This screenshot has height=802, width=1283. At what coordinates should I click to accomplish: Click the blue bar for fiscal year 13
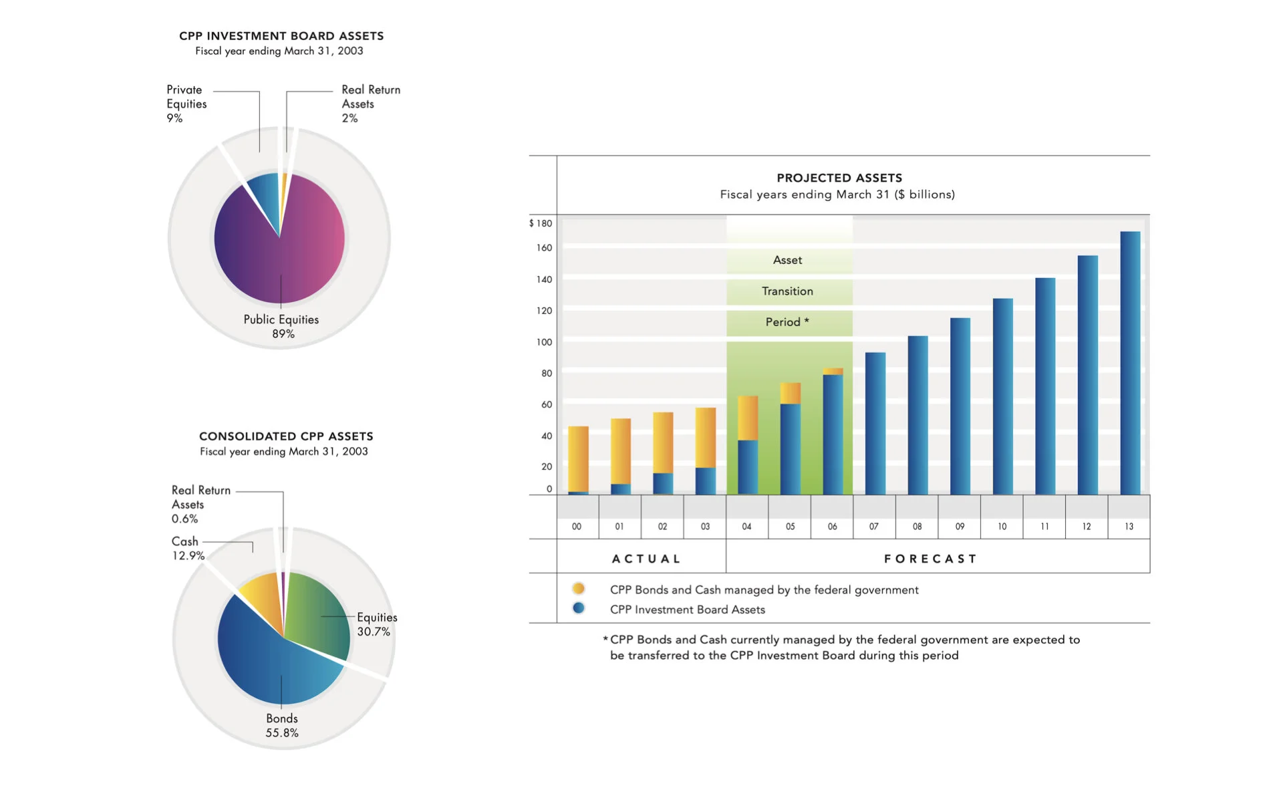[1130, 364]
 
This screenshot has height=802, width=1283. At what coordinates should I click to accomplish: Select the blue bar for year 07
[875, 424]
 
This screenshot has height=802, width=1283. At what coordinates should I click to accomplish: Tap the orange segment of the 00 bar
[578, 458]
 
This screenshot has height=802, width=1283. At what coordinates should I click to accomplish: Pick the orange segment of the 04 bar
[748, 418]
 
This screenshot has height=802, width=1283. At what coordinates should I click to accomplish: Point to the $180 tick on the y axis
[541, 223]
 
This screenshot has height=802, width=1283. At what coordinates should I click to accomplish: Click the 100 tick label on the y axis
[544, 342]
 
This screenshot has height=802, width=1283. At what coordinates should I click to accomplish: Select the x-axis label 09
[960, 527]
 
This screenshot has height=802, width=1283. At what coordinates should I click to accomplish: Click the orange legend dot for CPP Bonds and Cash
[579, 589]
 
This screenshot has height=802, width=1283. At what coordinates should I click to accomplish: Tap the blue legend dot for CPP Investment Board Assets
[579, 608]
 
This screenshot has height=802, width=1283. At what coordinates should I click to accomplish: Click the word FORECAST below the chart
[930, 559]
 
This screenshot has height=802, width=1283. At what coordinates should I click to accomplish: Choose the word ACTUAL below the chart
[646, 559]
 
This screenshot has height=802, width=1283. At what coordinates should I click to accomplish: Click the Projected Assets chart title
[839, 178]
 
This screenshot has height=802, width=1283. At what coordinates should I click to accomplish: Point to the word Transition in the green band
[787, 291]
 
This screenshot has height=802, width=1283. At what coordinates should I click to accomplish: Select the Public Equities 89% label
[281, 326]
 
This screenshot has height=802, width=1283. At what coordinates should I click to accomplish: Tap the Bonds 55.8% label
[282, 725]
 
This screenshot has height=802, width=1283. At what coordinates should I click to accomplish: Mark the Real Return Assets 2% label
[370, 104]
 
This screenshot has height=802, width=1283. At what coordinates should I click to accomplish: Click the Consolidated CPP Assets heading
[286, 436]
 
